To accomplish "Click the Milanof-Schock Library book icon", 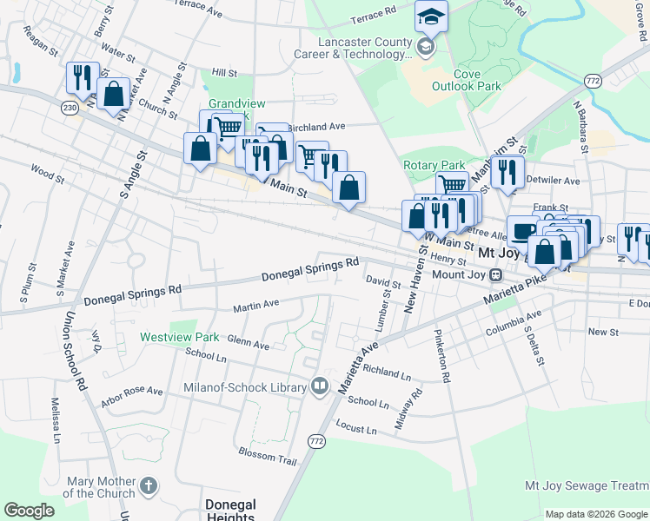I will click(320, 386).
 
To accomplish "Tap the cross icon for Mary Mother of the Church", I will click(149, 486).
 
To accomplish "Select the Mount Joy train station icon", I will click(495, 275).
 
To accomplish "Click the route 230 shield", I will click(70, 108).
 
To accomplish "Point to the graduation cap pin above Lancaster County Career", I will click(429, 16).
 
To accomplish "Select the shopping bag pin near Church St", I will click(114, 93).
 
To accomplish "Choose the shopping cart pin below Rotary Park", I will click(451, 184).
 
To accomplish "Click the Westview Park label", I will click(180, 336).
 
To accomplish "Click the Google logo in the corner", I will click(29, 511).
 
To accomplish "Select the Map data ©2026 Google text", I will click(595, 514).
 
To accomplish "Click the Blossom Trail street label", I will click(267, 454).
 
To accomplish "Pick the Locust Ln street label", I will click(355, 429).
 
